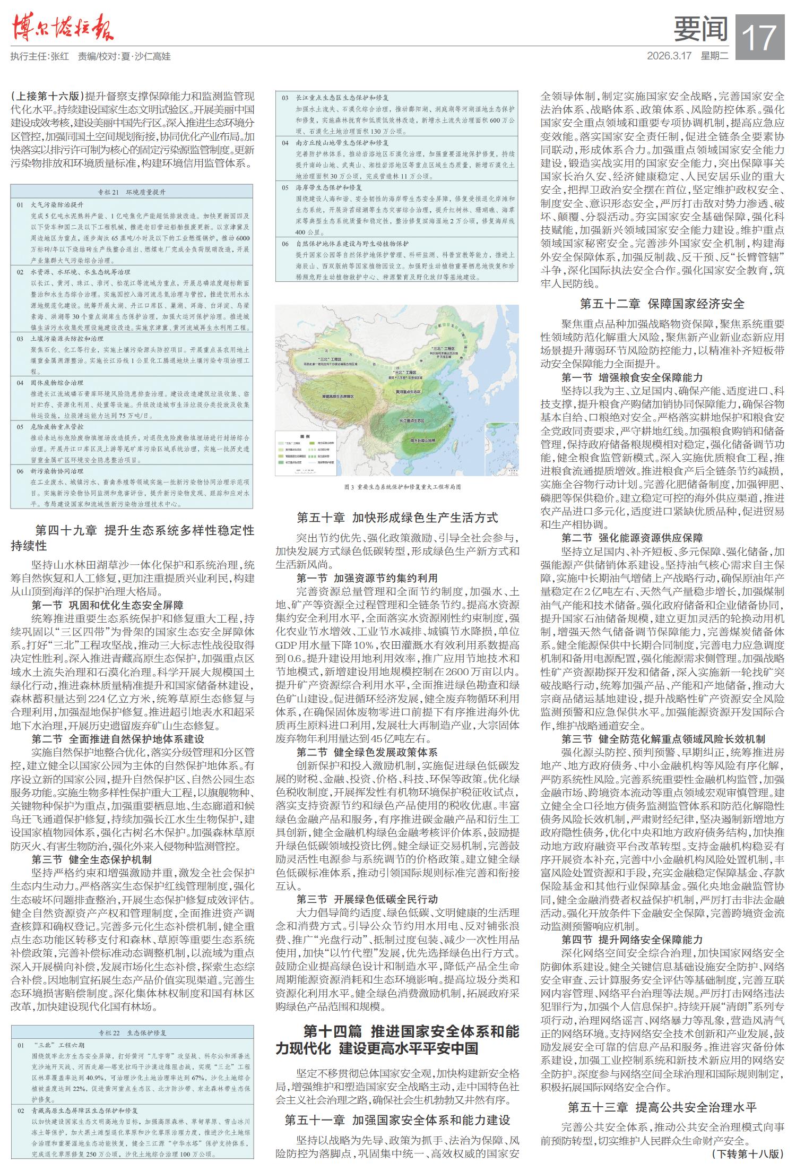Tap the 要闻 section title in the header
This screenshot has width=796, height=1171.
click(700, 29)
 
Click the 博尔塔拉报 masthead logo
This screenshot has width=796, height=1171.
click(62, 28)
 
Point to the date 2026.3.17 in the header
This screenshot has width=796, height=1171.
click(670, 56)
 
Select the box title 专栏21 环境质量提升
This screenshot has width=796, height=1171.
click(131, 192)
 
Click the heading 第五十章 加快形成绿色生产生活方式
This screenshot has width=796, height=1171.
click(397, 518)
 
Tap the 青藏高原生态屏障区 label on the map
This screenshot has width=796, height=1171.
click(337, 397)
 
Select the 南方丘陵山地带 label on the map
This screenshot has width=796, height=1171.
click(422, 441)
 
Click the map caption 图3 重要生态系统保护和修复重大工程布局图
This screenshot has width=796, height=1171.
click(397, 486)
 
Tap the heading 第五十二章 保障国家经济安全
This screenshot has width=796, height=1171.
click(662, 304)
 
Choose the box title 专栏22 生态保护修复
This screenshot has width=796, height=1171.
click(132, 1033)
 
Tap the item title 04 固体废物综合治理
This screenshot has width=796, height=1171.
click(54, 383)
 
